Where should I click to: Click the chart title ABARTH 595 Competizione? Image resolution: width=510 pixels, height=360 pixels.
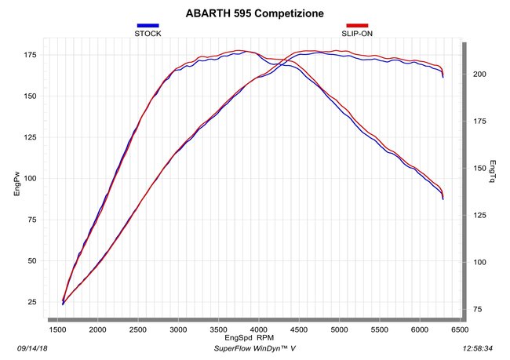click(x=255, y=13)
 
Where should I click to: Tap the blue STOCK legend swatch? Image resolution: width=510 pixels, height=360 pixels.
click(x=148, y=25)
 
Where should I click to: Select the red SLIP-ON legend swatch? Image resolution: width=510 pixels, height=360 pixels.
click(x=357, y=25)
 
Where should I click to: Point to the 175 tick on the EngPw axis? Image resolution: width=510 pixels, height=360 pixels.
click(x=30, y=55)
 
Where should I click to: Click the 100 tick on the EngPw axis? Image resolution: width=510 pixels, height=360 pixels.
click(x=30, y=179)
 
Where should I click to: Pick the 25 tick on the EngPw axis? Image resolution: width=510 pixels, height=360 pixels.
click(x=32, y=302)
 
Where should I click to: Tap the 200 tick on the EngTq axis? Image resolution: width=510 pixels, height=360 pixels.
click(x=479, y=75)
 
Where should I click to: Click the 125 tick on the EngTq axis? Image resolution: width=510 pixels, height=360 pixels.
click(x=479, y=215)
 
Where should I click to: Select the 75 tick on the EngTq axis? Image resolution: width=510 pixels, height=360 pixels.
click(x=478, y=309)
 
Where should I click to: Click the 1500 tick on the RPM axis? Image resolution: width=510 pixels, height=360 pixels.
click(x=57, y=329)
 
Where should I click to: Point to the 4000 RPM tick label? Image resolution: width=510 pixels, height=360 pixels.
click(x=259, y=329)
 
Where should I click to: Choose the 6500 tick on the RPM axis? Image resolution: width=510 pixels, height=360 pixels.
click(x=460, y=329)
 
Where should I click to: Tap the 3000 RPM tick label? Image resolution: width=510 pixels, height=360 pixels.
click(x=178, y=329)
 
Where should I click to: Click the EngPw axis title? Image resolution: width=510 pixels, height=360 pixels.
click(x=17, y=184)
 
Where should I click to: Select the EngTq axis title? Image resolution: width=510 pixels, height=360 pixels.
click(x=493, y=172)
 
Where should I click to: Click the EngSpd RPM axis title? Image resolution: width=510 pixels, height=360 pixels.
click(x=250, y=337)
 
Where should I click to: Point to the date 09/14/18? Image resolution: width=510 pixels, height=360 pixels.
click(x=32, y=348)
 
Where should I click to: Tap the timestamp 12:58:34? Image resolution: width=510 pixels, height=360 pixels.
click(x=478, y=348)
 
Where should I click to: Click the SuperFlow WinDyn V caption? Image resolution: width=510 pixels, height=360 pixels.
click(x=255, y=348)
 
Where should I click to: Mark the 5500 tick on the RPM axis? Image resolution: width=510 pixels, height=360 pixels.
click(x=379, y=329)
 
